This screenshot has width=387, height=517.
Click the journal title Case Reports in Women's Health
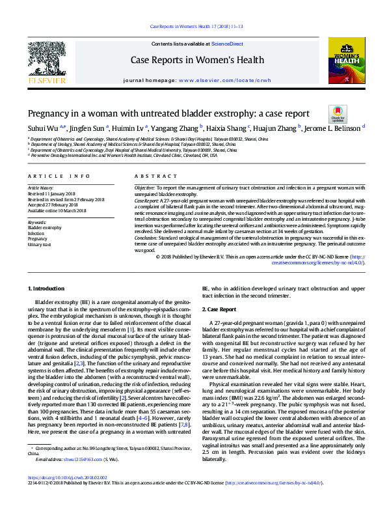click(x=193, y=61)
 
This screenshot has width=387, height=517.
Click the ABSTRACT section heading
click(x=152, y=176)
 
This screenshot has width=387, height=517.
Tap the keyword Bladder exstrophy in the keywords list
click(x=46, y=228)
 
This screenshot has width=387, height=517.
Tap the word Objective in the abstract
click(x=144, y=187)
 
